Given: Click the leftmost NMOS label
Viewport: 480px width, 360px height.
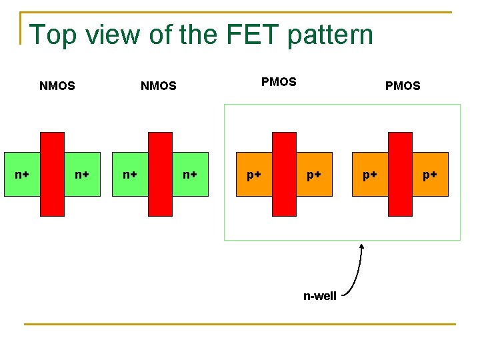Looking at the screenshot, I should click(57, 86).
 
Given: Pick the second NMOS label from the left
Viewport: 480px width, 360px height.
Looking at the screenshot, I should click(158, 86).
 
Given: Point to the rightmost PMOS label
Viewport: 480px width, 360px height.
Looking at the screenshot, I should click(403, 86).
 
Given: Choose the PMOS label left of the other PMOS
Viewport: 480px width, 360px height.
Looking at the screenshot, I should click(279, 82).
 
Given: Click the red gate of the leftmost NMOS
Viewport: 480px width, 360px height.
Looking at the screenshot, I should click(52, 174).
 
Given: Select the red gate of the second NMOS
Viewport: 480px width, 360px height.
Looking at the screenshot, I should click(160, 174).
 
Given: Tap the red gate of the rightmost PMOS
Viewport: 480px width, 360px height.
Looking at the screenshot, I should click(400, 174).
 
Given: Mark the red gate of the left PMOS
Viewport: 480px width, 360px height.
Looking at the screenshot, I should click(284, 174).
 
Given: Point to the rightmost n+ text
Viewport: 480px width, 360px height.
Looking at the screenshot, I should click(190, 175).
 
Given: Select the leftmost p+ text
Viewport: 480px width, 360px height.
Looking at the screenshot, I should click(254, 175).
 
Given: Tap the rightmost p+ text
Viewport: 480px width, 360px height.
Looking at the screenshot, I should click(430, 175).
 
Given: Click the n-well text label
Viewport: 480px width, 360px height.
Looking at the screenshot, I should click(320, 296).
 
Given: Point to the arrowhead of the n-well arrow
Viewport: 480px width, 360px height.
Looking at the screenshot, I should click(361, 247).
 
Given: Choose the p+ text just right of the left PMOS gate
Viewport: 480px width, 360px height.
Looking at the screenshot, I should click(313, 175).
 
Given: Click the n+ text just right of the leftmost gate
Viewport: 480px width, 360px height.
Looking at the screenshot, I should click(82, 175).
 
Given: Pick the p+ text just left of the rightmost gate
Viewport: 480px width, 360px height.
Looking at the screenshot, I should click(369, 175).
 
